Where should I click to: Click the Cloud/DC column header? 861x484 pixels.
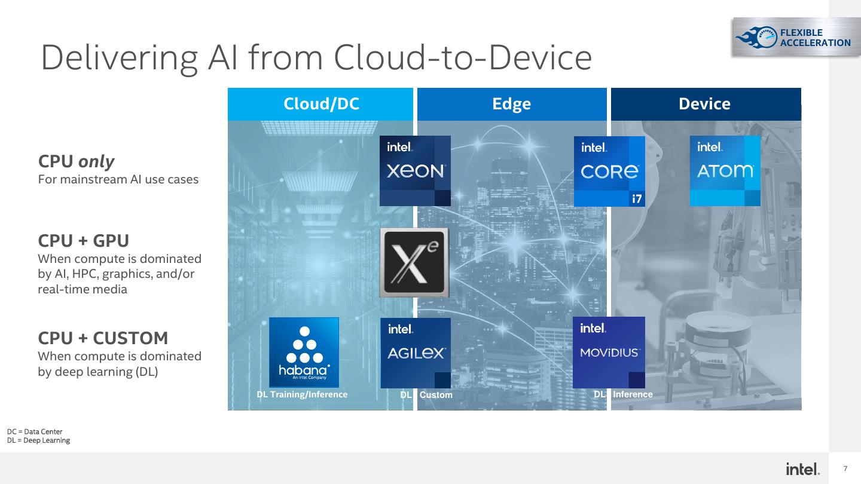click(x=320, y=104)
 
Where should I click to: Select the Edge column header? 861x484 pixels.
click(x=511, y=104)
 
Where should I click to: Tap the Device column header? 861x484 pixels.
click(x=704, y=104)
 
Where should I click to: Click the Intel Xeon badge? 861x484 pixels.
click(x=416, y=171)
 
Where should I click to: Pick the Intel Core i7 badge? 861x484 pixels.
click(x=609, y=171)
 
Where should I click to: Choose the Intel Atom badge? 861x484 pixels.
click(x=725, y=171)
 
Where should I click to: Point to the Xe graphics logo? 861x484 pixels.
click(x=414, y=263)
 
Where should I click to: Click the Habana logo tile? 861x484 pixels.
click(x=304, y=353)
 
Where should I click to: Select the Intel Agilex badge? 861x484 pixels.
click(x=416, y=353)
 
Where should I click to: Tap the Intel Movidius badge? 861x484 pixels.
click(x=609, y=353)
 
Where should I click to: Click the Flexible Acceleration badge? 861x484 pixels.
click(x=793, y=37)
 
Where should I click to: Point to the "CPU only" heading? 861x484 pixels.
click(x=77, y=161)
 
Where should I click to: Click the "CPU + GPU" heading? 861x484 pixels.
click(x=84, y=241)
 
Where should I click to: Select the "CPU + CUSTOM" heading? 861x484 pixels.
click(x=103, y=338)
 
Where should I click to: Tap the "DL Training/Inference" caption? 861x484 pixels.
click(x=302, y=394)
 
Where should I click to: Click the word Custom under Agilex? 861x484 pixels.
click(x=436, y=395)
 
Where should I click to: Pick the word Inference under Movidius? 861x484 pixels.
click(x=633, y=394)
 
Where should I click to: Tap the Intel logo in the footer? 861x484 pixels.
click(x=802, y=469)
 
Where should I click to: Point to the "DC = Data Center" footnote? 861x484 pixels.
click(x=35, y=431)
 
